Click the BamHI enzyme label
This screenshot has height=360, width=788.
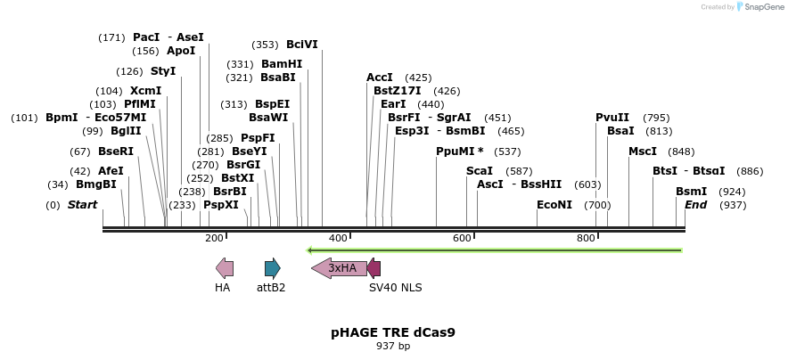[282, 64]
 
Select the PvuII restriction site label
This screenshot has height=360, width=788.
[612, 118]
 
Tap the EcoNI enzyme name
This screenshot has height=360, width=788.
[554, 205]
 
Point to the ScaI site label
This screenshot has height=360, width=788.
[480, 170]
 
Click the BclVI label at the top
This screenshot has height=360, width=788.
[301, 45]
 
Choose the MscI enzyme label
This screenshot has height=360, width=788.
[643, 151]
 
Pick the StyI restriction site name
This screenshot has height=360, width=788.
[163, 71]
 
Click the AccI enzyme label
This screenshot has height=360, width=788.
[380, 78]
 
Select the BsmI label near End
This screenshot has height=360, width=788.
[691, 192]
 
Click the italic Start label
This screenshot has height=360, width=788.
[83, 205]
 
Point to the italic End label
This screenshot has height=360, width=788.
[695, 205]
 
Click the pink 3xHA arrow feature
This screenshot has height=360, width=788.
[339, 268]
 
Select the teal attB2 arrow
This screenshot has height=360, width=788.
[273, 268]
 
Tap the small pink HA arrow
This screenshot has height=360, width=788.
[225, 268]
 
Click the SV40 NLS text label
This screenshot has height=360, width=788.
[396, 288]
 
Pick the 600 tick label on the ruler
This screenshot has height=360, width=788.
[462, 238]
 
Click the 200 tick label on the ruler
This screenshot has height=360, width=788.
[214, 238]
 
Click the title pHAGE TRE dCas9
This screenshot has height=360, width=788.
[393, 332]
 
